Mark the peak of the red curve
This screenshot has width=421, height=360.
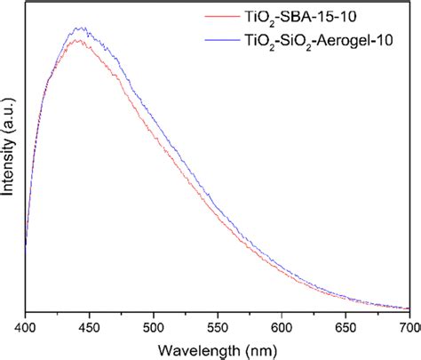80,40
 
